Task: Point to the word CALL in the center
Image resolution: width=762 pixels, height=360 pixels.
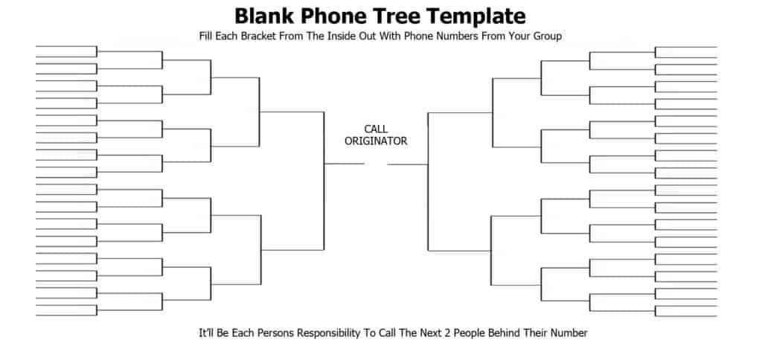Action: (376, 129)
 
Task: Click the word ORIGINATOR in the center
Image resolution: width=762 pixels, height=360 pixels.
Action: (376, 141)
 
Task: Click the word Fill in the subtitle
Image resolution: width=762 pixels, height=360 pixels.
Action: (205, 36)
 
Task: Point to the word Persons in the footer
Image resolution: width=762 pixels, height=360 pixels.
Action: (275, 333)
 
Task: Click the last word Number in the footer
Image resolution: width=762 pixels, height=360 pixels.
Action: (569, 333)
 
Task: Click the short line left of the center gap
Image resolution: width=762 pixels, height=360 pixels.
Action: (345, 164)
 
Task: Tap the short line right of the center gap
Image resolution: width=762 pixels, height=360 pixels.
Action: (408, 164)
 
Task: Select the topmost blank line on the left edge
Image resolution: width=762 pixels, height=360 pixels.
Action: (66, 47)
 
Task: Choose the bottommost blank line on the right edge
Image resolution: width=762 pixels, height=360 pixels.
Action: (686, 317)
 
